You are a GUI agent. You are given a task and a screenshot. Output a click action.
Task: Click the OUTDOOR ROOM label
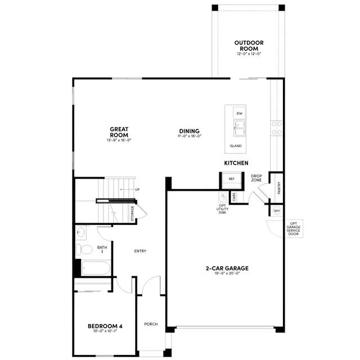tap(248, 46)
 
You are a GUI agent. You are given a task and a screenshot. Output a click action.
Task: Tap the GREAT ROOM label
tap(119, 132)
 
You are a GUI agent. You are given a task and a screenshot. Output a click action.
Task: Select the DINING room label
tap(190, 132)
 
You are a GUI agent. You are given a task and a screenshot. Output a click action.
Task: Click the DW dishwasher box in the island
tap(239, 114)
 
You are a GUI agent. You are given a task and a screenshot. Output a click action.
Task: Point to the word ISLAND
tap(236, 146)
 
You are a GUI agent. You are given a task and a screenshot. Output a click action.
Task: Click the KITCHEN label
tap(236, 163)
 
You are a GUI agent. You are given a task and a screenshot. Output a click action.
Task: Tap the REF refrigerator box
tap(231, 179)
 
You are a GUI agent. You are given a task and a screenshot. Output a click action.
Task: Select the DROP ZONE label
tap(256, 178)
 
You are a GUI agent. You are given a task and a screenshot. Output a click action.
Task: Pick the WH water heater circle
tap(277, 210)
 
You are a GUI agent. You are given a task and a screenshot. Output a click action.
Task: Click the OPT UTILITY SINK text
tap(223, 209)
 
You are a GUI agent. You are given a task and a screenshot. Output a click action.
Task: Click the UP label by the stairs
tap(137, 190)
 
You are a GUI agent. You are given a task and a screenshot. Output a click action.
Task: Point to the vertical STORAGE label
tap(133, 214)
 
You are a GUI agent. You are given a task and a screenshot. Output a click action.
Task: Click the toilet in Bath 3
tap(85, 249)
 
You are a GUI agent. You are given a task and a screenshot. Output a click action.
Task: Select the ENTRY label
tap(140, 251)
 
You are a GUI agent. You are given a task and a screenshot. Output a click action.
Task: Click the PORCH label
tap(151, 324)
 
